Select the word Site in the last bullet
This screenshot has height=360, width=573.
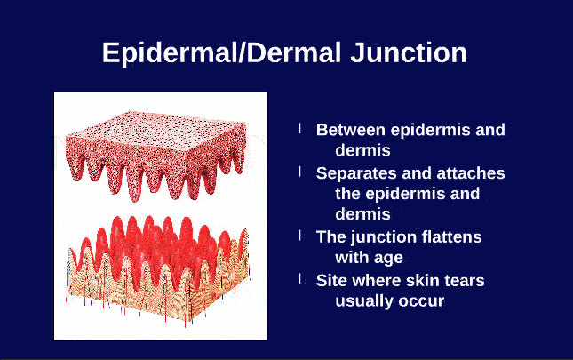(x=332, y=280)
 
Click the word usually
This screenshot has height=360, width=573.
(x=366, y=301)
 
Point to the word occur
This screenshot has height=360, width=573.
(x=423, y=301)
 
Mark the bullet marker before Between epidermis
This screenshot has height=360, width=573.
(x=300, y=129)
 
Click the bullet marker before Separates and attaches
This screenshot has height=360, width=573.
(x=300, y=172)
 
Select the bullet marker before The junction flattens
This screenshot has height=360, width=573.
(x=300, y=236)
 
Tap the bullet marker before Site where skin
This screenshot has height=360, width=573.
(x=300, y=279)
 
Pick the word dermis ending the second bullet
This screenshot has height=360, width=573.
(x=362, y=214)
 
